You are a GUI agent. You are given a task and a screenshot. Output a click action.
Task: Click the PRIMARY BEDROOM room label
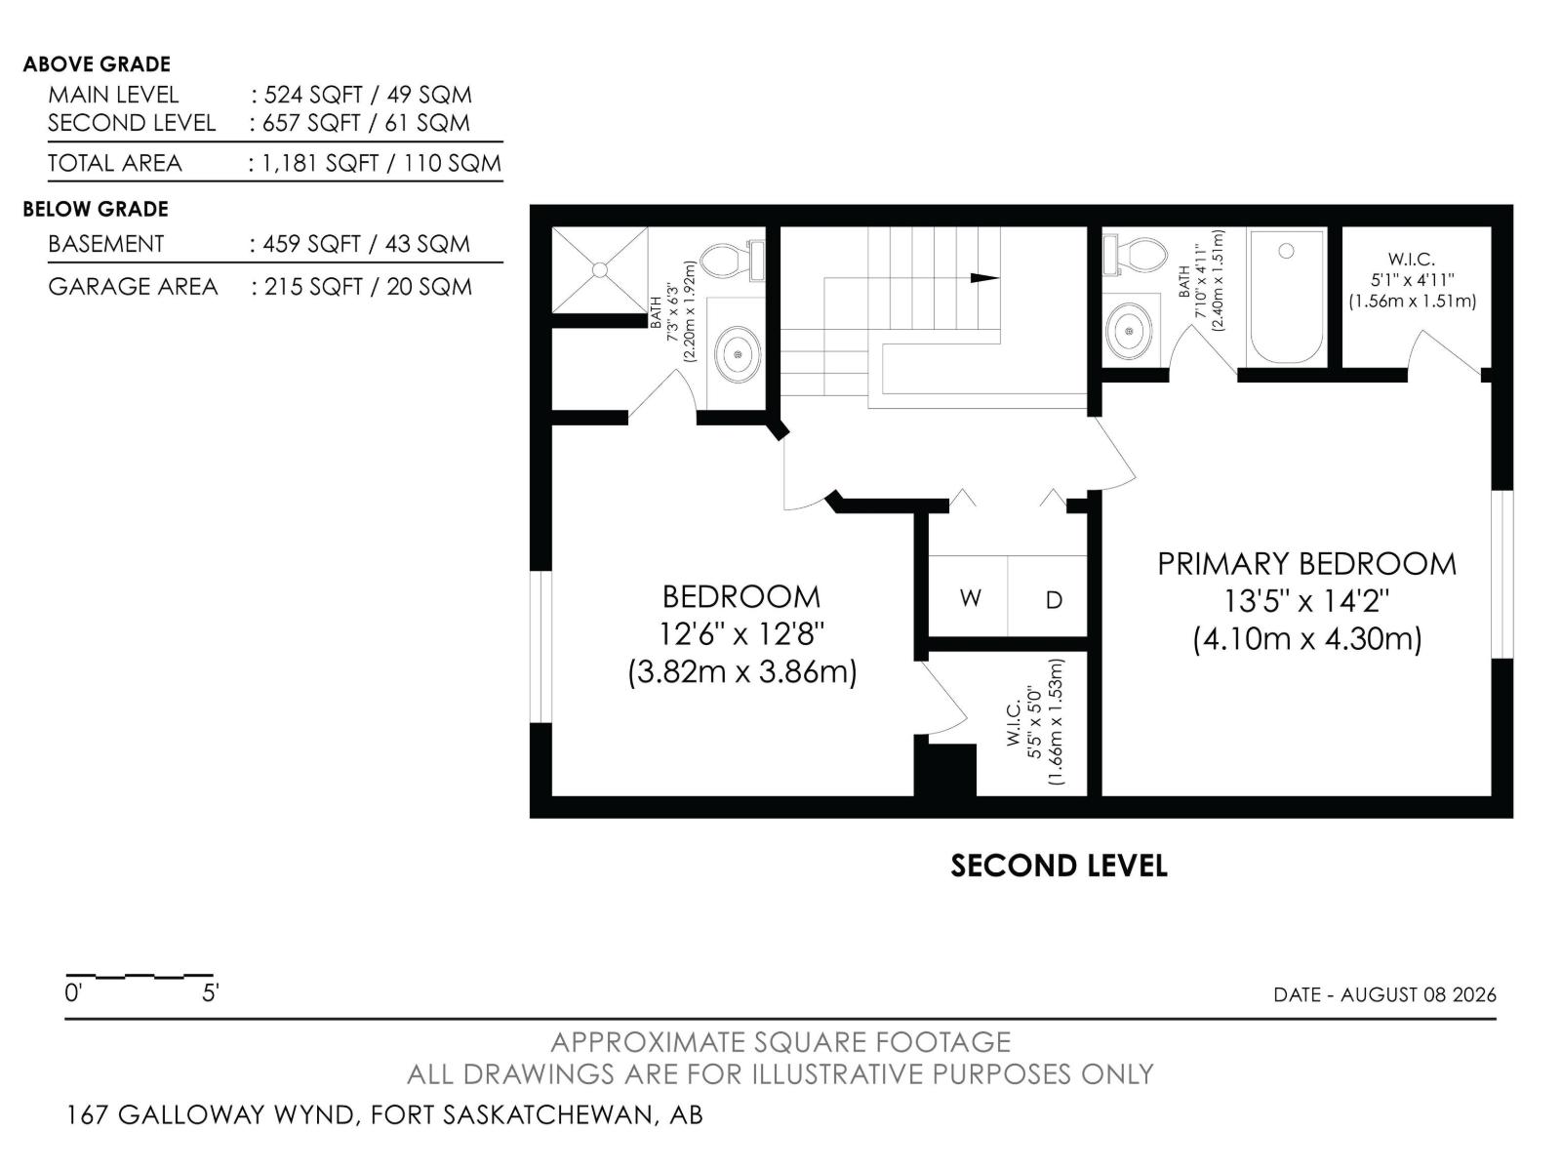click(x=1306, y=564)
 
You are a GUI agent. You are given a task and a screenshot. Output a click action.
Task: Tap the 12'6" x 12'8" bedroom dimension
click(x=741, y=633)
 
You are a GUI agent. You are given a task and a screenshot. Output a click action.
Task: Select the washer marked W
click(x=970, y=598)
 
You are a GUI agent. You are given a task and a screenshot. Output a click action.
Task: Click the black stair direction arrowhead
click(x=985, y=278)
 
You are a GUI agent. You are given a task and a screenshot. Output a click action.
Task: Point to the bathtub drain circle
click(x=1286, y=250)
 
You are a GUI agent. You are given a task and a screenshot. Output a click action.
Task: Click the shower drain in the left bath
click(x=599, y=269)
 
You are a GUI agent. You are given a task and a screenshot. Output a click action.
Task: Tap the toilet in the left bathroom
click(x=733, y=261)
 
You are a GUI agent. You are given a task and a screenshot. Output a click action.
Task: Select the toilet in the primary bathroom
click(x=1135, y=254)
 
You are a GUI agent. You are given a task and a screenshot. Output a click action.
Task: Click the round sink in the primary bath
click(x=1130, y=331)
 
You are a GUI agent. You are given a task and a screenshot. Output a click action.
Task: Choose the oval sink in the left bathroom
click(x=738, y=353)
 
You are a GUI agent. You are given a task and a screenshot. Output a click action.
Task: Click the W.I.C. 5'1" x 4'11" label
click(x=1412, y=279)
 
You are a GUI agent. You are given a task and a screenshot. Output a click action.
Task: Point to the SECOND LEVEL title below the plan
click(x=1059, y=866)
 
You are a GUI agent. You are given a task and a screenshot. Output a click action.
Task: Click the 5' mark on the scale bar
click(x=211, y=992)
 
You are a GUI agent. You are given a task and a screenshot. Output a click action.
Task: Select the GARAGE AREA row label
click(x=133, y=287)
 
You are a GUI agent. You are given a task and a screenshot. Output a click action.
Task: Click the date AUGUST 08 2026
click(x=1418, y=994)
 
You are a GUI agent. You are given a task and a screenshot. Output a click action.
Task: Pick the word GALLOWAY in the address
click(x=236, y=1114)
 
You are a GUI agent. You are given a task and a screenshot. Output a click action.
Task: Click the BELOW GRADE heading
click(x=96, y=209)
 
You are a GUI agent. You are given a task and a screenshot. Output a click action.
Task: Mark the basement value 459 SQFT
click(x=311, y=244)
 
